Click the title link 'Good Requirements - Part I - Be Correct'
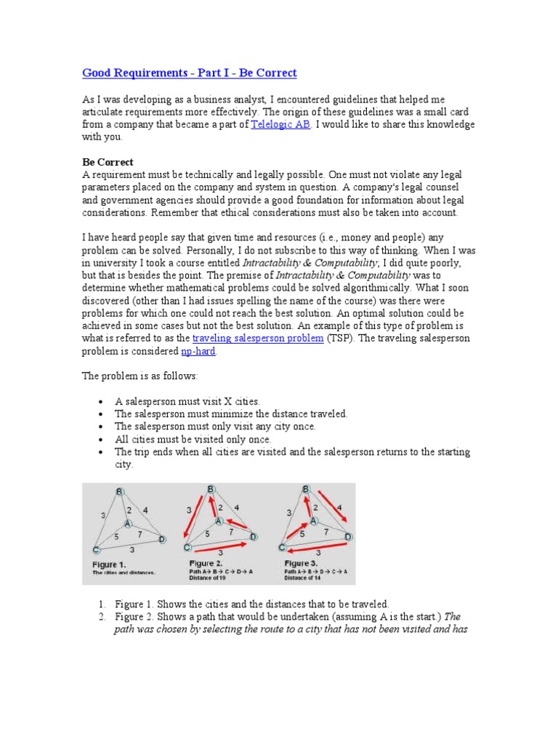(x=190, y=73)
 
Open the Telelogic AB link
(x=281, y=125)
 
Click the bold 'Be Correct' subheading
(x=108, y=162)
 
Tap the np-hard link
(x=198, y=352)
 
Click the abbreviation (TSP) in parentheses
(x=339, y=339)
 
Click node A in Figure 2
(x=218, y=521)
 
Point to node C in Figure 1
(x=96, y=549)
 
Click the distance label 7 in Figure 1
(x=139, y=535)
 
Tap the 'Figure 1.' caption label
(x=109, y=564)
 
